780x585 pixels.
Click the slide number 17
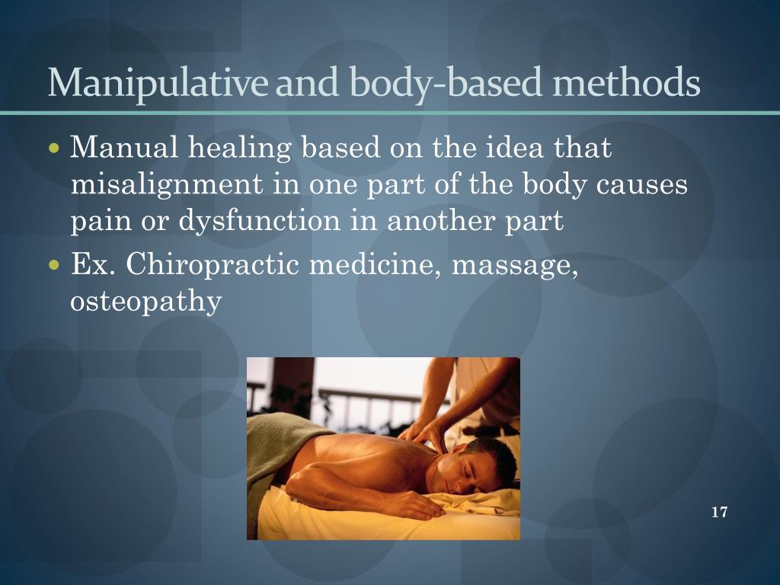719,512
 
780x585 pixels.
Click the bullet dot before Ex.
53,266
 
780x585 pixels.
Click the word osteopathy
145,302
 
